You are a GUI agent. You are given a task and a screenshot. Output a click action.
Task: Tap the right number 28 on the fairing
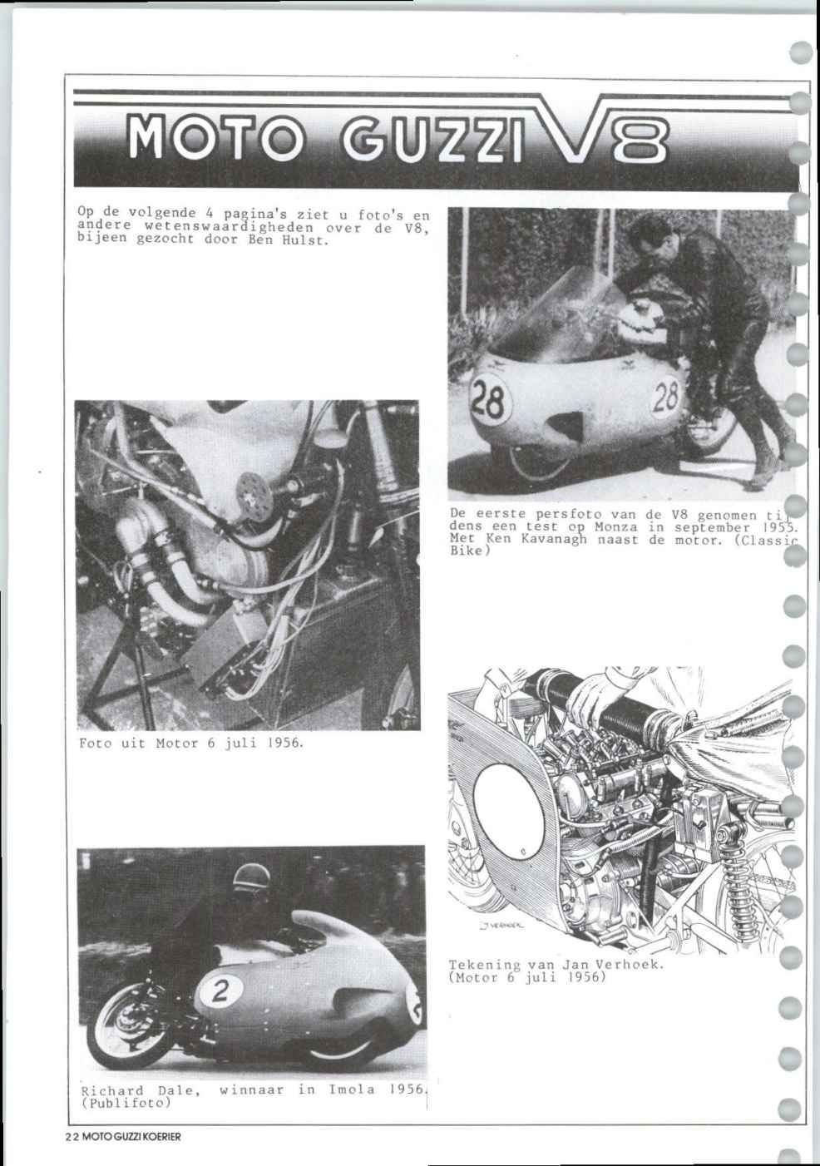coord(666,398)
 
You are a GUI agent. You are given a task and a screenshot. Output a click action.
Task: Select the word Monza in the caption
coord(616,526)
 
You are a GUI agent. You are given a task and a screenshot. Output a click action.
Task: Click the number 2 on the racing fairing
coord(220,992)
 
